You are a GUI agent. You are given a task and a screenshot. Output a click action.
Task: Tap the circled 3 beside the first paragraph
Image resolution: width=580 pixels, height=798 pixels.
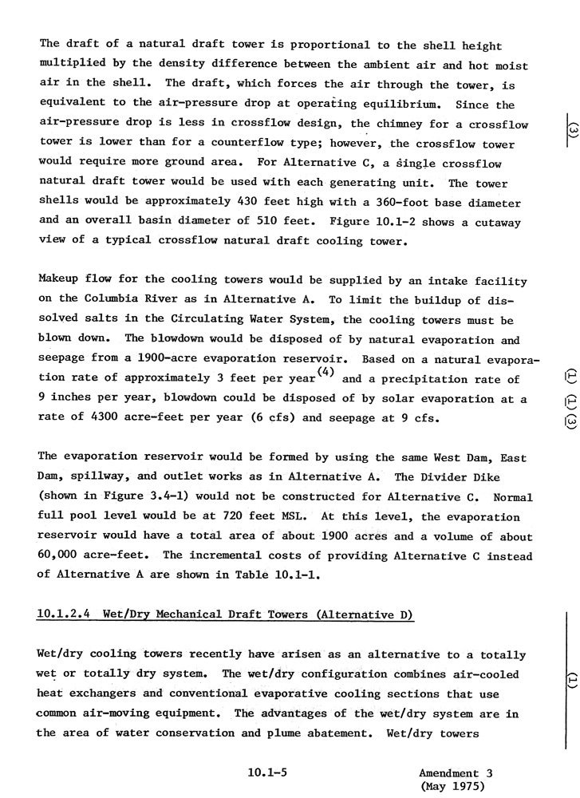point(572,128)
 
